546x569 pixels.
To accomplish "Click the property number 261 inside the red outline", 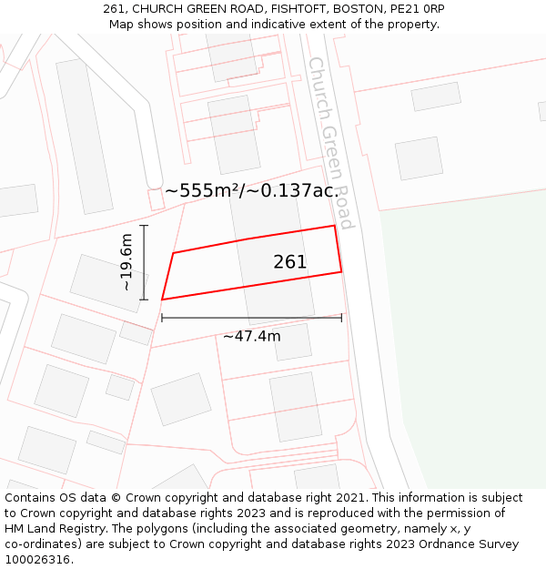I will pos(290,262).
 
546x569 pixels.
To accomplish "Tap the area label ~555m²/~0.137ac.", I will pos(251,190).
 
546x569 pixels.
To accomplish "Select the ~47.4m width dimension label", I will pos(252,336).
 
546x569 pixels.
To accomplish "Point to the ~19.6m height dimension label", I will pos(126,262).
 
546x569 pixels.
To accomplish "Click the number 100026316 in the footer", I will pos(36,560).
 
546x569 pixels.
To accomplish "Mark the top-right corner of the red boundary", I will pos(334,226).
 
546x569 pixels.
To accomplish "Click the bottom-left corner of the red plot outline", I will pos(162,299).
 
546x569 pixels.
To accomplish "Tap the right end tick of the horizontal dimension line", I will pos(341,318).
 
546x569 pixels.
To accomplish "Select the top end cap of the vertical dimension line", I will pos(144,225).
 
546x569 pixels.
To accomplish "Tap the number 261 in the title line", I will pos(114,9).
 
